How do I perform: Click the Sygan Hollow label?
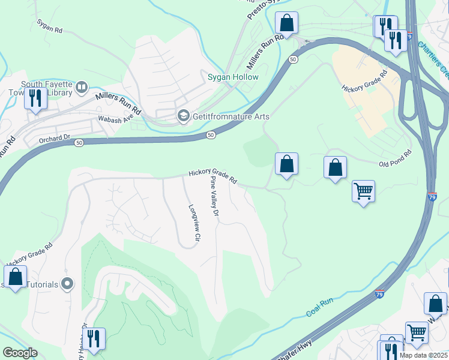(233, 77)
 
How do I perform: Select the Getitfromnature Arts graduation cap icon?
(184, 116)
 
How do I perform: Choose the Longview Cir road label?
(193, 224)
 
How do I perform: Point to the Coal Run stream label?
(319, 307)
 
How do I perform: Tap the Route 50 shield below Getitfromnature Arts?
(210, 136)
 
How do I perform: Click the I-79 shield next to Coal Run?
(379, 294)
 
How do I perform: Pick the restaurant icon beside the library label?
(35, 98)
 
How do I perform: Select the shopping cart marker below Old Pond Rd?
(363, 191)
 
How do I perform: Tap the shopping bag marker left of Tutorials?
(15, 277)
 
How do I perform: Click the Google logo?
(20, 353)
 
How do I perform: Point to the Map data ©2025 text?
(425, 355)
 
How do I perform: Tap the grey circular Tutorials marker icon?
(67, 283)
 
